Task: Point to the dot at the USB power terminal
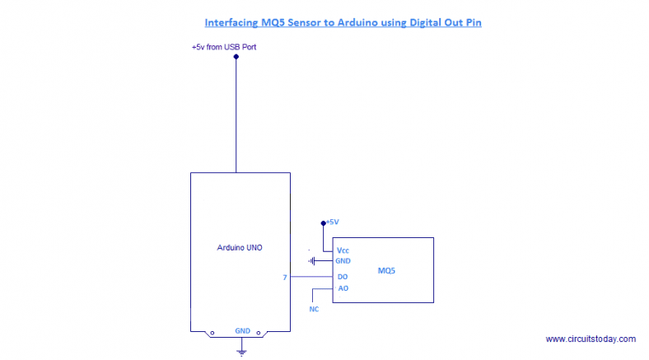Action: (236, 57)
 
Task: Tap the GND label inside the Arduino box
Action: (242, 330)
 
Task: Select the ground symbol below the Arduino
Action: (241, 352)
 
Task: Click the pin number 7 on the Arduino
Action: (285, 278)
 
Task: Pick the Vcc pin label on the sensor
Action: (343, 250)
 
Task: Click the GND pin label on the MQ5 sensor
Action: (343, 261)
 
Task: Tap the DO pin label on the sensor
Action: (343, 277)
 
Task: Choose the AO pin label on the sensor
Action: (343, 288)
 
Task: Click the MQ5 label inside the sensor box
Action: (387, 270)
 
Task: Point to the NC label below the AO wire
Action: (314, 311)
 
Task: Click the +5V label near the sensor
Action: (333, 222)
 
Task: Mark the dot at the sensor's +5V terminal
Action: (324, 222)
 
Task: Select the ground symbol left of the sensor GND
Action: (313, 261)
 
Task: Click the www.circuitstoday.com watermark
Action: (591, 339)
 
